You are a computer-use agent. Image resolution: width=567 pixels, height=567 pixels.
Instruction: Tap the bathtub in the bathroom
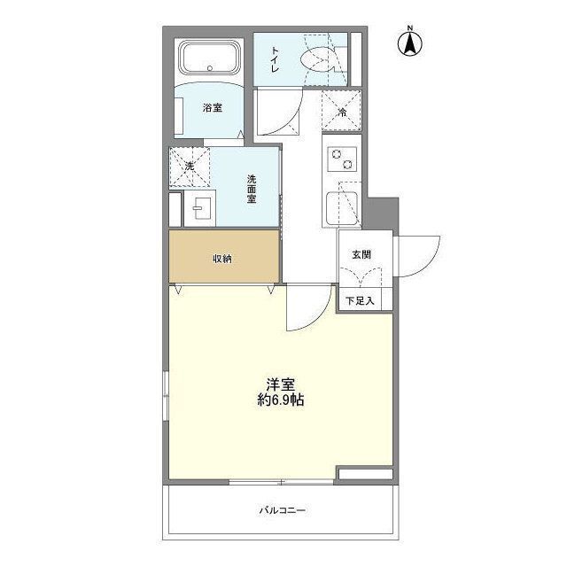pyautogui.click(x=208, y=60)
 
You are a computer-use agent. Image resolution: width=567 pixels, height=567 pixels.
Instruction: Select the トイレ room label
pyautogui.click(x=276, y=59)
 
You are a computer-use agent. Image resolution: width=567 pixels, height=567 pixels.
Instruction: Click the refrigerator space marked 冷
pyautogui.click(x=341, y=112)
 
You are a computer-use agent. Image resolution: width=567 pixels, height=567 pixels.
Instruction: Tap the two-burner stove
pyautogui.click(x=341, y=159)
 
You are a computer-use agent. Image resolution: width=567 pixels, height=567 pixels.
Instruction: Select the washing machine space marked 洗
pyautogui.click(x=190, y=166)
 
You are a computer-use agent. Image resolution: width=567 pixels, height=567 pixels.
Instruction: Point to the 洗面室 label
pyautogui.click(x=252, y=190)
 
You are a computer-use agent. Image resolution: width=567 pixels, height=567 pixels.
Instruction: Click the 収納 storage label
pyautogui.click(x=221, y=259)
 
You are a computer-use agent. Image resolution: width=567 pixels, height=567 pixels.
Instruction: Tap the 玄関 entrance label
pyautogui.click(x=361, y=254)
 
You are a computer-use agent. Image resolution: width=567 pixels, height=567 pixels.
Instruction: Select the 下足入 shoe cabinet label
pyautogui.click(x=359, y=301)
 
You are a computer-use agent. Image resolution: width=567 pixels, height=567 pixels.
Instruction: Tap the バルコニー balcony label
pyautogui.click(x=283, y=510)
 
